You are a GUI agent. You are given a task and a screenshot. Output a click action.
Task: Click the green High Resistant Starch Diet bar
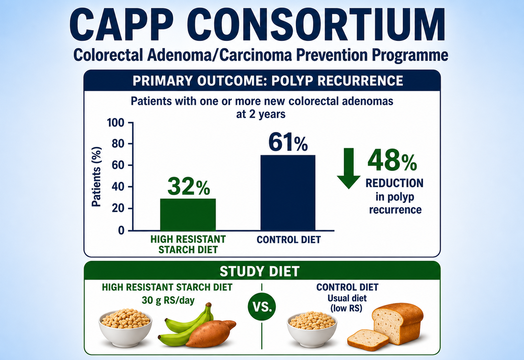coord(188,214)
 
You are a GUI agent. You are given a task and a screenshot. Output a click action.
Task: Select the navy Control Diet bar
coord(288,193)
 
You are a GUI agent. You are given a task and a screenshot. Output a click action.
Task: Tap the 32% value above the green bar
coord(189,186)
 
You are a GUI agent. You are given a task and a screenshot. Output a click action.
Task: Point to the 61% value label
coord(288,142)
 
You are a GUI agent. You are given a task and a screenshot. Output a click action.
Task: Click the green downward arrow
coord(348,168)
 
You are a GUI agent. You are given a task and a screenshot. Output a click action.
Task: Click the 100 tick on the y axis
coord(115,123)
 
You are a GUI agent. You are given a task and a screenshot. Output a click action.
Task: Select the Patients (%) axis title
coord(96,177)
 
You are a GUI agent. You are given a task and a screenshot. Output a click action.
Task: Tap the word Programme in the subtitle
coord(410,55)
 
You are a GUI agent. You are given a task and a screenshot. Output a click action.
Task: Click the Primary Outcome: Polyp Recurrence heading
coord(268,80)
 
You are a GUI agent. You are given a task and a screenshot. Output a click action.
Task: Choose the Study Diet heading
coord(260,271)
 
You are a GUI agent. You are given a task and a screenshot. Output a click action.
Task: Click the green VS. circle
coord(262,307)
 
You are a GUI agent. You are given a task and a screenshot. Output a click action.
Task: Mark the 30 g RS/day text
coord(168,300)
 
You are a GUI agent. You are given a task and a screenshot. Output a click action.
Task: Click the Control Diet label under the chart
coord(289,240)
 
